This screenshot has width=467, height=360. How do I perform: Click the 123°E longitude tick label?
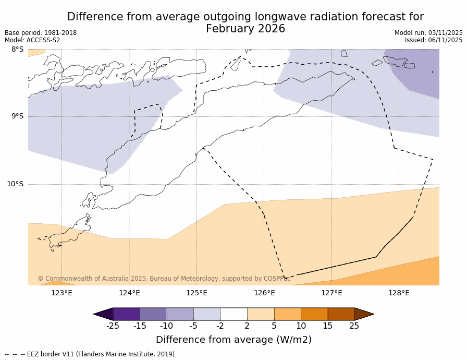(62, 293)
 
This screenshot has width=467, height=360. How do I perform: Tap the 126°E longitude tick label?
(264, 293)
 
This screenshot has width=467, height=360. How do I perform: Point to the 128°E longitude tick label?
(399, 293)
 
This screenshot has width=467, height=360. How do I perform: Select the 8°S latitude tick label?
(17, 50)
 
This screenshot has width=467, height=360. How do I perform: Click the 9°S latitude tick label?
(17, 116)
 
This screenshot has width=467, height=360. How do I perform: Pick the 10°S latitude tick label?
(15, 184)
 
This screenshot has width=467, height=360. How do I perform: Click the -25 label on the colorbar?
(113, 326)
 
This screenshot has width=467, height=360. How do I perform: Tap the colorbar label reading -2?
(220, 326)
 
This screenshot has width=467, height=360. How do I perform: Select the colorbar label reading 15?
(327, 326)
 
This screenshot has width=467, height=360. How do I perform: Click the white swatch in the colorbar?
(233, 314)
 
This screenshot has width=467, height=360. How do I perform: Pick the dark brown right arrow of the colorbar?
(364, 314)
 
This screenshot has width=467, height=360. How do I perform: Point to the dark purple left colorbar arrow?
(103, 314)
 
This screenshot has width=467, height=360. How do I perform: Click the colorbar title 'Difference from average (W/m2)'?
(233, 340)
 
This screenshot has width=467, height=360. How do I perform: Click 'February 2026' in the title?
(245, 29)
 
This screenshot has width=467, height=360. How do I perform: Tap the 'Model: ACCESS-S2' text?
(32, 40)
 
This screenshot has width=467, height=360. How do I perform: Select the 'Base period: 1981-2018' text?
(41, 33)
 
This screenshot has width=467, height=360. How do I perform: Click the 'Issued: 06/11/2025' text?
(434, 40)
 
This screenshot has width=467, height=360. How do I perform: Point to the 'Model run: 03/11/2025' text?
(428, 33)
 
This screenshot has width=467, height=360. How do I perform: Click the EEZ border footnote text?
(91, 354)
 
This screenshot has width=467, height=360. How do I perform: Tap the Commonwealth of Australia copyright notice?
(164, 279)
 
